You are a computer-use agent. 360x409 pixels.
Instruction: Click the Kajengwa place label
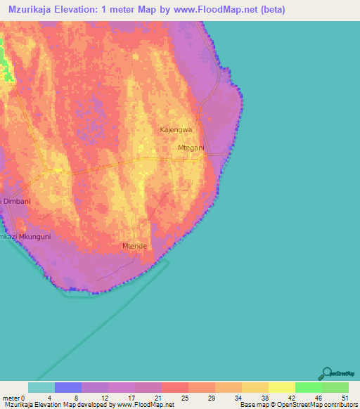tap(176, 130)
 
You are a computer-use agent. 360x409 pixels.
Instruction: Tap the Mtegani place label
tap(191, 148)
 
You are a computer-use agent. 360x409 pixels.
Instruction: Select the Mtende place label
tap(134, 246)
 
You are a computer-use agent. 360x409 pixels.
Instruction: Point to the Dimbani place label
tap(17, 201)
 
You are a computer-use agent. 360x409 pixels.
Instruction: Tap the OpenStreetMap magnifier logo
tap(326, 373)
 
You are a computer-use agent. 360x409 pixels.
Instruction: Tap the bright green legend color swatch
tap(308, 387)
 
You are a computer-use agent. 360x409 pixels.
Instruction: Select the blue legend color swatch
tap(68, 387)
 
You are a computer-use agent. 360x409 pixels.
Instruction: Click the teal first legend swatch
tap(41, 387)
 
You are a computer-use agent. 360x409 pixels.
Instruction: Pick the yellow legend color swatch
tap(281, 387)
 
